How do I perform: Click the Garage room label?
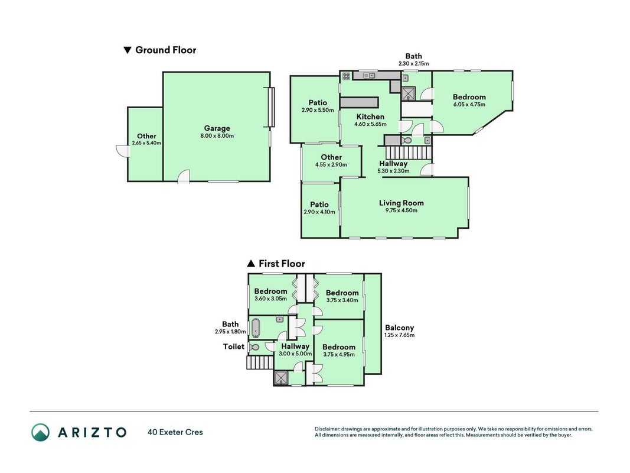217,128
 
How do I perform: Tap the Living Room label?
401,203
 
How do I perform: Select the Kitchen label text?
370,116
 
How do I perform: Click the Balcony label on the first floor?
399,328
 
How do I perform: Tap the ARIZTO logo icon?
41,432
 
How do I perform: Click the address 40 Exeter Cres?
175,432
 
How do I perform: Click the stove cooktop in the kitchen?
347,76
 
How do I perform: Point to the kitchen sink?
369,76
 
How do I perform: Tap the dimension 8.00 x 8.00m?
217,136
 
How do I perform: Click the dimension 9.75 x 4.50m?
401,210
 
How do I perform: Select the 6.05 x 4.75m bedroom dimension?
469,105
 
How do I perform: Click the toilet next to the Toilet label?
253,346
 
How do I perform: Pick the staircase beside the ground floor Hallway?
408,153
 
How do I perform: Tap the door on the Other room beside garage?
123,151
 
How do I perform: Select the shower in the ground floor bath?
409,94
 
